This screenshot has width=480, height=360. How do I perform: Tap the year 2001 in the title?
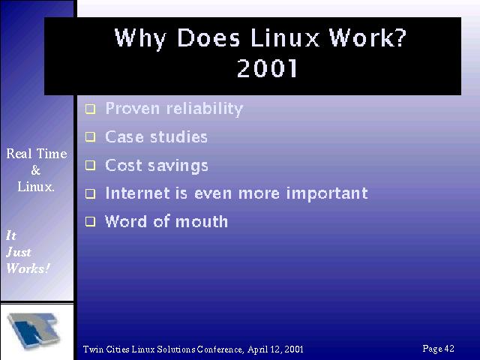pyautogui.click(x=267, y=67)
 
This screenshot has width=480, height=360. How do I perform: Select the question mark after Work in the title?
pyautogui.click(x=400, y=37)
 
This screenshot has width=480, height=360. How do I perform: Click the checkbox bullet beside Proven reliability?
pyautogui.click(x=90, y=109)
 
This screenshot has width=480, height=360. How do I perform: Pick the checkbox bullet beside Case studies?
pyautogui.click(x=90, y=136)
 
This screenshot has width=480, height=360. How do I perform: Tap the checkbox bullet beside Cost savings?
pyautogui.click(x=90, y=165)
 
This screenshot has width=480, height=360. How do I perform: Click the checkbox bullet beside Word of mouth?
pyautogui.click(x=90, y=221)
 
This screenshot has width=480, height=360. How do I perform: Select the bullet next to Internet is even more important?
pyautogui.click(x=90, y=193)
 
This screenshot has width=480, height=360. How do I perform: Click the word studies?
pyautogui.click(x=178, y=136)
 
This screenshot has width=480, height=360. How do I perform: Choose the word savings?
pyautogui.click(x=178, y=166)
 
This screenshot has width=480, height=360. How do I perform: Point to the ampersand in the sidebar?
pyautogui.click(x=36, y=170)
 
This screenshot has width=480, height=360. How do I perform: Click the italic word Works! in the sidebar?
pyautogui.click(x=28, y=268)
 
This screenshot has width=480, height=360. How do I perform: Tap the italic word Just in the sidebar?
pyautogui.click(x=19, y=252)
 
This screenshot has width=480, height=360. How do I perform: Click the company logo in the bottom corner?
pyautogui.click(x=34, y=331)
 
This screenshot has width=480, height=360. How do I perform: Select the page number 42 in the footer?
pyautogui.click(x=449, y=348)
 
